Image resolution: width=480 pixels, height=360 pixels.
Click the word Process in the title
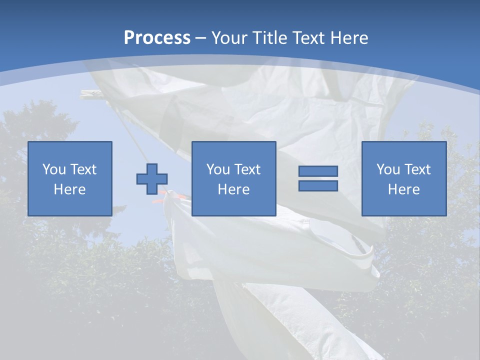[x=157, y=38]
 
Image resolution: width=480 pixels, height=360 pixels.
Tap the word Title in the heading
[x=270, y=38]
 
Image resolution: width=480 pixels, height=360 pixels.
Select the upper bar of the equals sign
[x=318, y=171]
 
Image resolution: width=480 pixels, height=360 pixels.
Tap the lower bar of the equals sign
[x=318, y=186]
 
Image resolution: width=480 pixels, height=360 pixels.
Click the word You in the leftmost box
[x=54, y=169]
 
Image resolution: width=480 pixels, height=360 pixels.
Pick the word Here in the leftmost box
[x=69, y=189]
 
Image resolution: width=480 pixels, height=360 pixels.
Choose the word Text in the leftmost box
[x=83, y=169]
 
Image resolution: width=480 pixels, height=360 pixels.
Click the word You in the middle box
[x=218, y=169]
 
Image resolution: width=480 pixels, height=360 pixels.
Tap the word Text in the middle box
[x=247, y=169]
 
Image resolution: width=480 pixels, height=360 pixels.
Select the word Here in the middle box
[x=233, y=189]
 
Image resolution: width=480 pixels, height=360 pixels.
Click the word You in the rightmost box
[x=388, y=169]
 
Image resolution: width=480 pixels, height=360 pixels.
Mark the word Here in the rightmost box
[x=403, y=189]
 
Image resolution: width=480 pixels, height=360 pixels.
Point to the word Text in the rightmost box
[x=417, y=169]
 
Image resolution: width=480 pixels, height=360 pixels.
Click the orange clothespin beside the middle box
[x=159, y=200]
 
